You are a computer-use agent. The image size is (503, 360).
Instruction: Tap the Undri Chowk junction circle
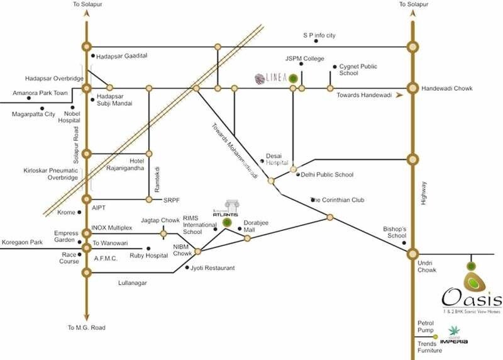412,254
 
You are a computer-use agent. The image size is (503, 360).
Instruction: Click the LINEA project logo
271,78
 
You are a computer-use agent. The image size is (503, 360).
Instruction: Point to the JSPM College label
304,59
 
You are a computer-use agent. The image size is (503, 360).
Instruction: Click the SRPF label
171,200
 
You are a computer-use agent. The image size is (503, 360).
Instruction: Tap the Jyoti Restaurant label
213,268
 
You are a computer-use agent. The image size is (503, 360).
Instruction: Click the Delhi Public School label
327,174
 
